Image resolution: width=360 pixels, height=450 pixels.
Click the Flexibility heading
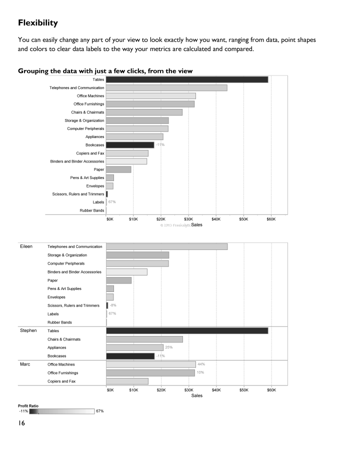coord(38,23)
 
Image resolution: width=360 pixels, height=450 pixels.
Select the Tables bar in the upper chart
coord(187,79)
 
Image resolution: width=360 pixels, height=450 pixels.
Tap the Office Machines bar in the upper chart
coord(150,96)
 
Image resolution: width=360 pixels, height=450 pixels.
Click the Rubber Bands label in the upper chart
coord(92,210)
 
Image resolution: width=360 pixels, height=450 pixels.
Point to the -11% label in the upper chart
coord(160,145)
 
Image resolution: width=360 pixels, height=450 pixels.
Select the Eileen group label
coord(26,246)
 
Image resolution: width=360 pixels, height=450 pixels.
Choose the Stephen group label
coord(28,331)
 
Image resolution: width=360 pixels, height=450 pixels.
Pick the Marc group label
coord(25,364)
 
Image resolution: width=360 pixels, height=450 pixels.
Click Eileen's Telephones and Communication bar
coord(166,246)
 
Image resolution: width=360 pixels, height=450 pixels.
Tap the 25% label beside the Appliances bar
coord(169,347)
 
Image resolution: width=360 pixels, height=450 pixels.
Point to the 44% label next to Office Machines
coord(201,364)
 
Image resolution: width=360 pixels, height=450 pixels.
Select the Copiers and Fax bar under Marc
coord(127,381)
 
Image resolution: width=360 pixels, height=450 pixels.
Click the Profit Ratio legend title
coord(28,405)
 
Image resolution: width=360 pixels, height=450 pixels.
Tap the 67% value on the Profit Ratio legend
coord(99,411)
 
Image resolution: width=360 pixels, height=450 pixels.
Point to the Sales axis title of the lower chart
coord(196,395)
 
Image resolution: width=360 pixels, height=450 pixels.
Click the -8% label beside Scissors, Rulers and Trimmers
coord(113,305)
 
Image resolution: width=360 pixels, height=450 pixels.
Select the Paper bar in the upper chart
coord(118,169)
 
